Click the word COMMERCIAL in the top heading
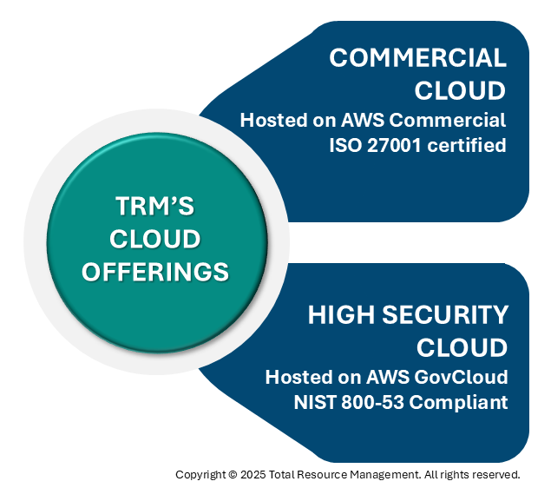(x=417, y=58)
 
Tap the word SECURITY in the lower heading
(x=447, y=314)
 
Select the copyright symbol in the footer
(x=232, y=475)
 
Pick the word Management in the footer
(x=387, y=475)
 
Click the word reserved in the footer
(x=497, y=475)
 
